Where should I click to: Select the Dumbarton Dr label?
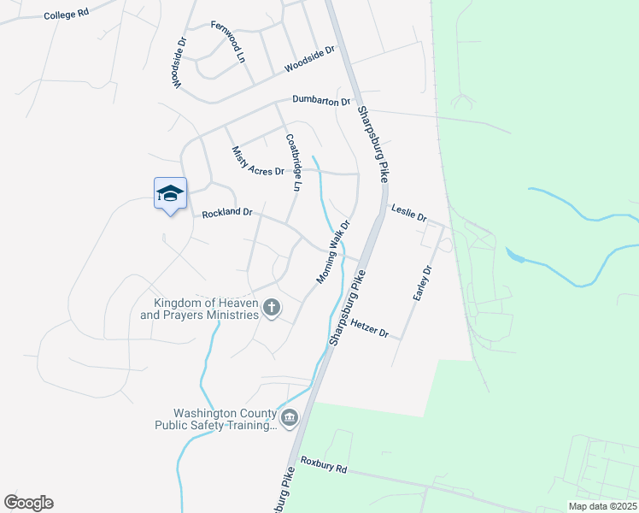pyautogui.click(x=321, y=101)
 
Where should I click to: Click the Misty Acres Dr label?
pyautogui.click(x=257, y=161)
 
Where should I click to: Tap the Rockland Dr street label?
pyautogui.click(x=227, y=212)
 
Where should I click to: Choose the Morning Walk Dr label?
pyautogui.click(x=334, y=252)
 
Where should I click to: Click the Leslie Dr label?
pyautogui.click(x=408, y=212)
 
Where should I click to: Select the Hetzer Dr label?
pyautogui.click(x=369, y=328)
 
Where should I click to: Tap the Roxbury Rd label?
pyautogui.click(x=324, y=469)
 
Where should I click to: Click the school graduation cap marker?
pyautogui.click(x=170, y=193)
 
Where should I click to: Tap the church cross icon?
pyautogui.click(x=272, y=307)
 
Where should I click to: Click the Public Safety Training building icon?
pyautogui.click(x=290, y=418)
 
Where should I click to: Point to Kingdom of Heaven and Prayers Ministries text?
pyautogui.click(x=200, y=309)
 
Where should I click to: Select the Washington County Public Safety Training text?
pyautogui.click(x=215, y=416)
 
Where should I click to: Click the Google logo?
pyautogui.click(x=28, y=503)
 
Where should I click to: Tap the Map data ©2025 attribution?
pyautogui.click(x=601, y=506)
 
